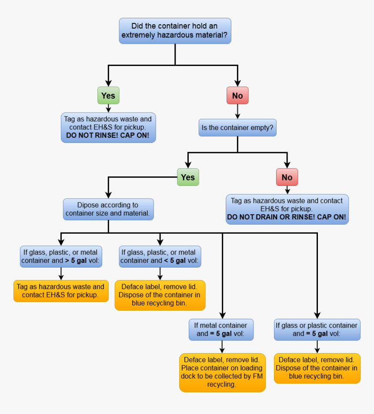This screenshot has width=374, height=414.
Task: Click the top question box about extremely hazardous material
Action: pyautogui.click(x=175, y=31)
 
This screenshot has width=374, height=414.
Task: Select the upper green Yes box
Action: pyautogui.click(x=108, y=96)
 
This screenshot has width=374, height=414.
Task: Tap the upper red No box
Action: pyautogui.click(x=237, y=96)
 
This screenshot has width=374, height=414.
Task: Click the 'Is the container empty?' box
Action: pyautogui.click(x=237, y=128)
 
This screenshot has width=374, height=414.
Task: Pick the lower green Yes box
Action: pyautogui.click(x=188, y=177)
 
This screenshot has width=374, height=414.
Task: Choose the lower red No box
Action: pyautogui.click(x=287, y=177)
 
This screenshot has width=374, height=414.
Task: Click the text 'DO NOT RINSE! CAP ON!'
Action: pyautogui.click(x=107, y=136)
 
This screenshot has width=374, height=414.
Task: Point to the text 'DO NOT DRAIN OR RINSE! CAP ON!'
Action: pyautogui.click(x=287, y=217)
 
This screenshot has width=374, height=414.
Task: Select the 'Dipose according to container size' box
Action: pyautogui.click(x=108, y=209)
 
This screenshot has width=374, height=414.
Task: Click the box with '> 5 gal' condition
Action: pyautogui.click(x=61, y=256)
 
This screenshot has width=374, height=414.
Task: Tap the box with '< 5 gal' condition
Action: pyautogui.click(x=160, y=256)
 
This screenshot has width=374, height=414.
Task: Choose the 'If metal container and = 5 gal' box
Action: pyautogui.click(x=221, y=330)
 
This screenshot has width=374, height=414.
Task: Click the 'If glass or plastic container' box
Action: pyautogui.click(x=317, y=330)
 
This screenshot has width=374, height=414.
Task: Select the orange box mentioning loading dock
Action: pyautogui.click(x=222, y=372)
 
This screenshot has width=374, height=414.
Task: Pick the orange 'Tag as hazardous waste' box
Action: pyautogui.click(x=61, y=291)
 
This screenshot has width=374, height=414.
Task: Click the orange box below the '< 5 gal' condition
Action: pyautogui.click(x=160, y=295)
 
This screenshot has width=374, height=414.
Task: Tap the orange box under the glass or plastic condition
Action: pyautogui.click(x=317, y=368)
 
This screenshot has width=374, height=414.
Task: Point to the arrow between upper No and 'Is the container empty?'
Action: pyautogui.click(x=237, y=112)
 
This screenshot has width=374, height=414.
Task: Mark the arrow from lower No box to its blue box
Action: pyautogui.click(x=287, y=190)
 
